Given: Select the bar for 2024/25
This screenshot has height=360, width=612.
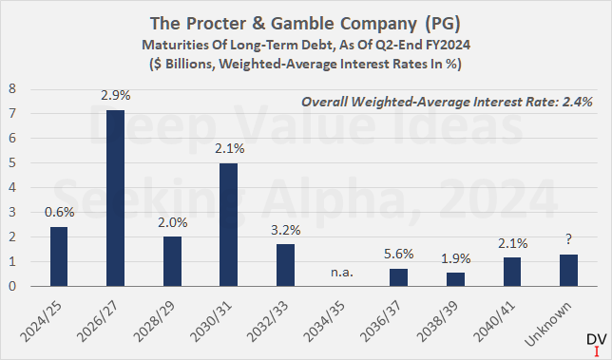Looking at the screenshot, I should point(59,256).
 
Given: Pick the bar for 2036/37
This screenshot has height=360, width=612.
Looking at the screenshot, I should point(399,276).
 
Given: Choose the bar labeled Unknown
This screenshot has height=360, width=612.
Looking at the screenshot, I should point(568,270).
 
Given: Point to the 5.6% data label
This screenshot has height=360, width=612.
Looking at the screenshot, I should point(399,256).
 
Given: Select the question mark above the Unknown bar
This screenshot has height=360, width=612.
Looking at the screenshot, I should point(568,241).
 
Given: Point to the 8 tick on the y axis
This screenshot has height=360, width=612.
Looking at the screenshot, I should point(12,88).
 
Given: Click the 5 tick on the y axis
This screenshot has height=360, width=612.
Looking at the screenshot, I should point(12,162).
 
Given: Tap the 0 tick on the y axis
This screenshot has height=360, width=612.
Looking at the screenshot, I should point(12,286).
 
